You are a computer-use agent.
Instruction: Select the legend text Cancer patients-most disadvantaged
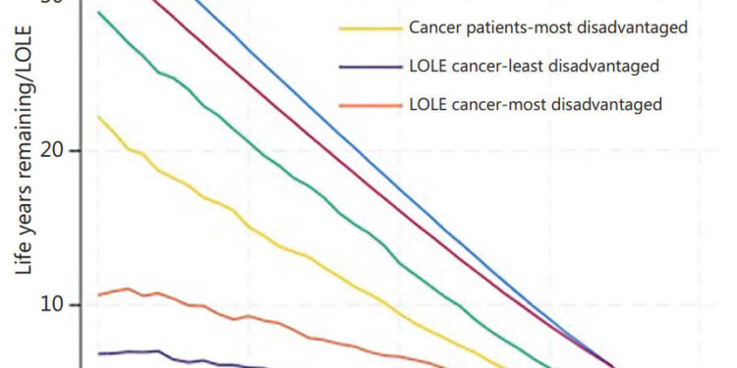tap(547, 27)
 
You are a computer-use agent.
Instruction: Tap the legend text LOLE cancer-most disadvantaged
tap(535, 104)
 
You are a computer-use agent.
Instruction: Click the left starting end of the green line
tap(98, 12)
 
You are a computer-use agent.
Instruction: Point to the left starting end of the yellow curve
tap(98, 117)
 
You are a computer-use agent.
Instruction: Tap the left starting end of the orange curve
tap(98, 294)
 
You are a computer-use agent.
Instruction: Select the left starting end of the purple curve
tap(98, 353)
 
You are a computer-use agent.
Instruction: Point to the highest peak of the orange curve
tap(127, 289)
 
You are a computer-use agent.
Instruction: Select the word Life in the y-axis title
tap(28, 259)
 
